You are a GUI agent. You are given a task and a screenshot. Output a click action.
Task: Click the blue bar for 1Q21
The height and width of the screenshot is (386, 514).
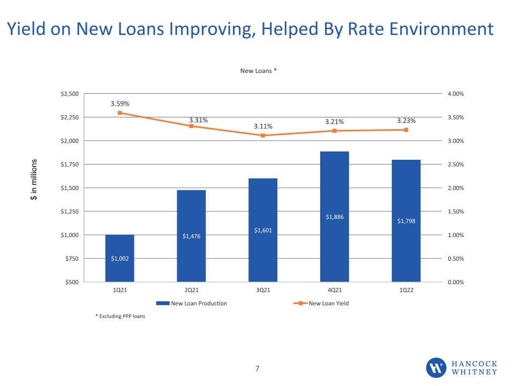[119, 258]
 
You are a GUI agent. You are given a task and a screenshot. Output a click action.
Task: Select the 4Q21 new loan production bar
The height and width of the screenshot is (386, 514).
[334, 217]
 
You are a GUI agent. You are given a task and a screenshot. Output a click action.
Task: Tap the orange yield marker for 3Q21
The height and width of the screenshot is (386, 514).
[263, 135]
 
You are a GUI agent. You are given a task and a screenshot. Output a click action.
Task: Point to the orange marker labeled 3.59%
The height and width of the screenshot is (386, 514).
[119, 113]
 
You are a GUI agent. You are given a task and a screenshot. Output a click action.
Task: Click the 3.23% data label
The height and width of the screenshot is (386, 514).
[406, 121]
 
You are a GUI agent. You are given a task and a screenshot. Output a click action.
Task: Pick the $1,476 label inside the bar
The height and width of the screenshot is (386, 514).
[192, 236]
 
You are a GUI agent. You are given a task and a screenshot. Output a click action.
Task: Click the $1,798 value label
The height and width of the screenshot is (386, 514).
[406, 221]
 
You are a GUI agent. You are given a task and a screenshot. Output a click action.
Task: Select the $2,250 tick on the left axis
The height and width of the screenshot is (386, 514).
[70, 117]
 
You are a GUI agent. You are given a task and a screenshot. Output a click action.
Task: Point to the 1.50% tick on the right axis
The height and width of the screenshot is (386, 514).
[456, 211]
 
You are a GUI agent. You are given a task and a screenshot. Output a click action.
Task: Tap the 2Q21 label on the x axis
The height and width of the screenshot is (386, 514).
[192, 290]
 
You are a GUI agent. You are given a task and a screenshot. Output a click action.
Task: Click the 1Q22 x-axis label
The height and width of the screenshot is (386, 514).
[406, 290]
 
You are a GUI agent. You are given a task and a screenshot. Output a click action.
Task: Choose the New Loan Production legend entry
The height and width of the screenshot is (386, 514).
[192, 303]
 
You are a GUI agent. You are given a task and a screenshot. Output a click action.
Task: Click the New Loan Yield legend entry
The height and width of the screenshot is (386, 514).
[321, 303]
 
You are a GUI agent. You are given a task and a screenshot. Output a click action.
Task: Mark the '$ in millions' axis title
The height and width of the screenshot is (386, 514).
[34, 180]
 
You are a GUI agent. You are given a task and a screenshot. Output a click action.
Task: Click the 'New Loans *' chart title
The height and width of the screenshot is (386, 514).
[258, 71]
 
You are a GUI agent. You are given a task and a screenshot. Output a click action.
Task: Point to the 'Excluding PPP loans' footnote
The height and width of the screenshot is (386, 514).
[120, 316]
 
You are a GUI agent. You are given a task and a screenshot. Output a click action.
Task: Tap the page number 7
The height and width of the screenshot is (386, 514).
[258, 369]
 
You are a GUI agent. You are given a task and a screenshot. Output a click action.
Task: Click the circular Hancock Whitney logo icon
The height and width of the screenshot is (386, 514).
[436, 368]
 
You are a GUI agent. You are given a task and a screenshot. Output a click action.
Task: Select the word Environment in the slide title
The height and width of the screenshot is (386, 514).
[421, 29]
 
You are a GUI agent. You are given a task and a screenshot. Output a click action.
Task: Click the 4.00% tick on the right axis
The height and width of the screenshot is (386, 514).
[456, 93]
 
